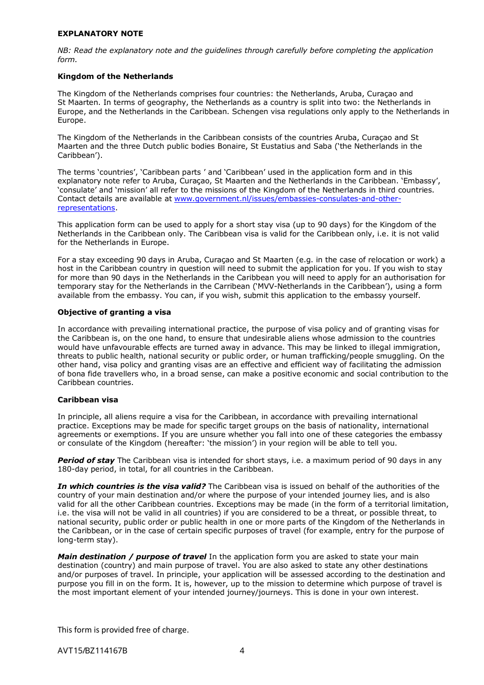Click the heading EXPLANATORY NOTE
coord(100,34)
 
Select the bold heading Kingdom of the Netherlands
coord(115,76)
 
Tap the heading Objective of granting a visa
coord(114,312)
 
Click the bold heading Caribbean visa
coord(88,400)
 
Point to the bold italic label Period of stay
coord(86,460)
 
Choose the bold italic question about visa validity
coord(131,486)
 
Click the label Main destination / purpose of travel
coord(132,557)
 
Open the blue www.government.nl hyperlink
coord(287,199)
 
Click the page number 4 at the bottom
coord(242,650)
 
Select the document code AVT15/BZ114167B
coord(92,650)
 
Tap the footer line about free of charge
coord(123,630)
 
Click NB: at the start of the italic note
coord(64,50)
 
